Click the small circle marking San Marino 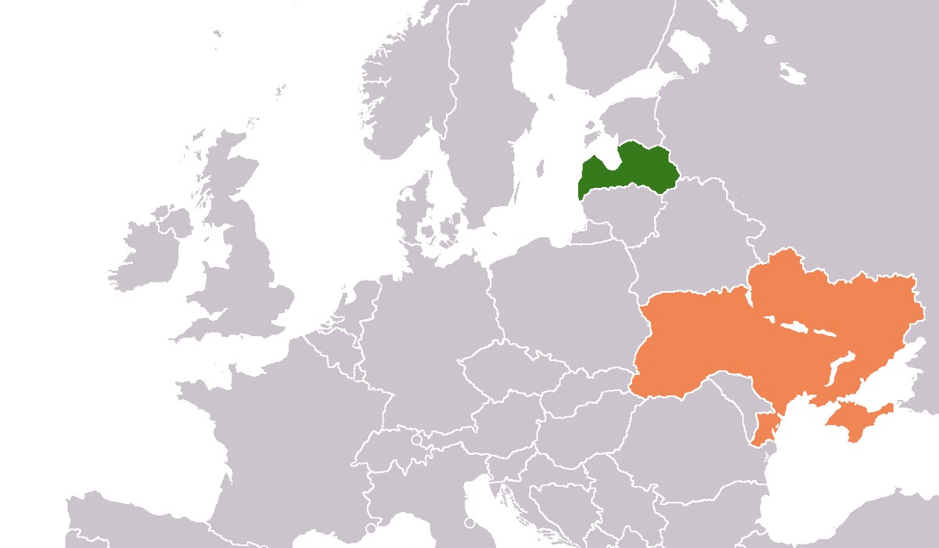(x=469, y=522)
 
